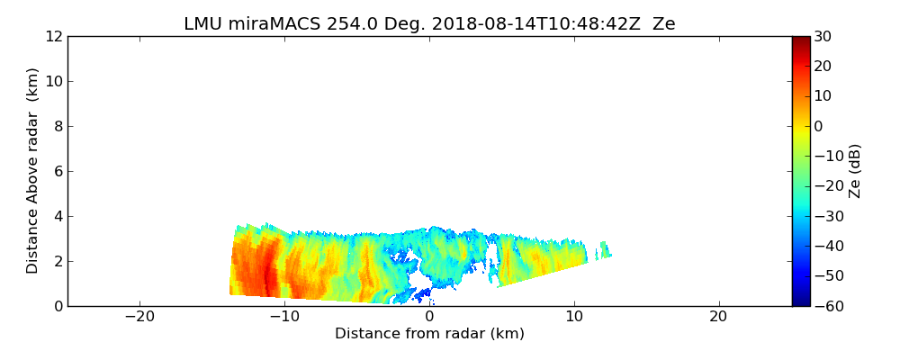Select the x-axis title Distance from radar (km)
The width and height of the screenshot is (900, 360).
tap(429, 334)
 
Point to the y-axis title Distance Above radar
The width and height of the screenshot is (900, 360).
tap(33, 170)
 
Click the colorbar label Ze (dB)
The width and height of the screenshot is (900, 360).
tap(855, 170)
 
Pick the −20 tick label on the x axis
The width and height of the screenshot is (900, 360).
tap(139, 317)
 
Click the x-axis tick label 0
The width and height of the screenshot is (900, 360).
tap(429, 317)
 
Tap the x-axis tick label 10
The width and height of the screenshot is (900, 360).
tap(573, 317)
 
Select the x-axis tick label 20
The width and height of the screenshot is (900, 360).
tap(718, 317)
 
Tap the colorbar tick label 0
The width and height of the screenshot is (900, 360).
tap(819, 126)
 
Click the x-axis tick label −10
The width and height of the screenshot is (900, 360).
tap(284, 317)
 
